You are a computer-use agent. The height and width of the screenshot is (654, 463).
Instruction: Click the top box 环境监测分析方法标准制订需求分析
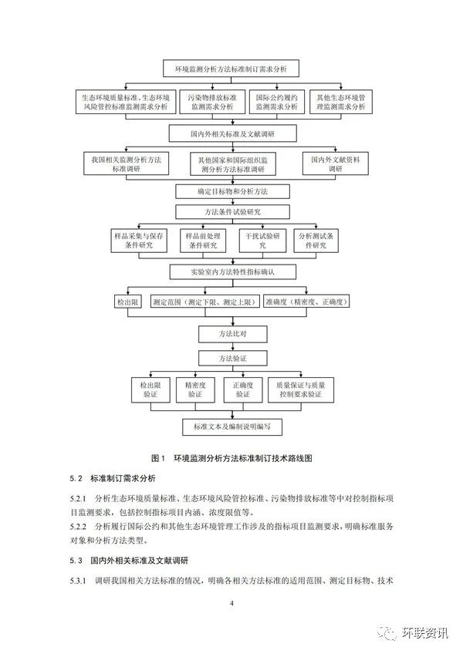pyautogui.click(x=231, y=69)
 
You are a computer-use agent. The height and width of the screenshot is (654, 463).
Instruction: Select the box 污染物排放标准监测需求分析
pyautogui.click(x=212, y=103)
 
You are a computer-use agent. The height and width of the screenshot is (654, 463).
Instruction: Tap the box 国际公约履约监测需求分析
pyautogui.click(x=275, y=103)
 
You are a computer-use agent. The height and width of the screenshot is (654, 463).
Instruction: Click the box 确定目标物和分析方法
pyautogui.click(x=231, y=190)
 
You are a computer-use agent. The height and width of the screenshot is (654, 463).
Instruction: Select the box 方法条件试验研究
pyautogui.click(x=231, y=211)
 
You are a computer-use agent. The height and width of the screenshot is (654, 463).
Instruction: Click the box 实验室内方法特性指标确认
pyautogui.click(x=231, y=271)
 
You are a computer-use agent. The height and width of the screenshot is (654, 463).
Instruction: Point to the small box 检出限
pyautogui.click(x=126, y=302)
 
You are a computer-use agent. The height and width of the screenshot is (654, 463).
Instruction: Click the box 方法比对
pyautogui.click(x=231, y=335)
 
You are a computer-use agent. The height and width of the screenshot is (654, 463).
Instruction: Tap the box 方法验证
pyautogui.click(x=231, y=359)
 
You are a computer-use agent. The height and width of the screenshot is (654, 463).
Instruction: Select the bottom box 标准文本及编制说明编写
pyautogui.click(x=231, y=425)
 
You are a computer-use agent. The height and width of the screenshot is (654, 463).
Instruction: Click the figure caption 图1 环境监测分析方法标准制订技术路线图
pyautogui.click(x=231, y=457)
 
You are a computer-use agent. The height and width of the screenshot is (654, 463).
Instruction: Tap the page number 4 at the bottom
pyautogui.click(x=231, y=602)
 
